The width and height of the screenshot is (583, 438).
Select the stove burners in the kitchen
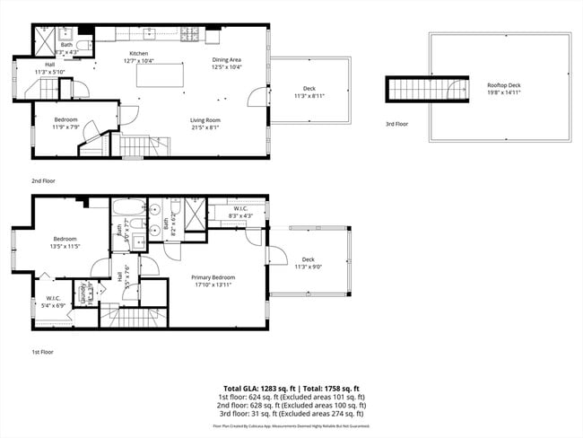[190, 36]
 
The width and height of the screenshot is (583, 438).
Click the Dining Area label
[226, 63]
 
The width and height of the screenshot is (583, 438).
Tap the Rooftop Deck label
[503, 88]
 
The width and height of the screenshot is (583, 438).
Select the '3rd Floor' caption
[396, 124]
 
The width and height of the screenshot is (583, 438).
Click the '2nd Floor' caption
[42, 180]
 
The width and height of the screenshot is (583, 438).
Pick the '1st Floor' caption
[42, 351]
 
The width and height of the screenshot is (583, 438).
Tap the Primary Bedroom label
[213, 282]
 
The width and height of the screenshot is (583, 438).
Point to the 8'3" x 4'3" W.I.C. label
[239, 212]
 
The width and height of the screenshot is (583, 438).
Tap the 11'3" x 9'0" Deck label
[309, 263]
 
